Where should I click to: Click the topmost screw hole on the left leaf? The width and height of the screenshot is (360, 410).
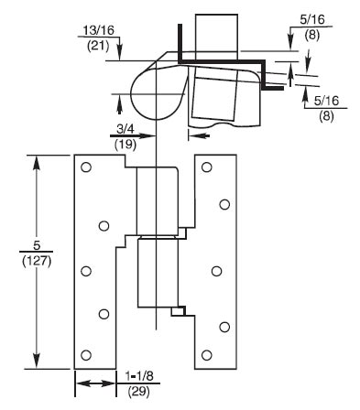(86, 167)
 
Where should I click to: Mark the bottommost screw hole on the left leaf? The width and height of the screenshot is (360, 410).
(86, 355)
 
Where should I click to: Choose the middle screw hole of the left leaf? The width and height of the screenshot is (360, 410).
(86, 270)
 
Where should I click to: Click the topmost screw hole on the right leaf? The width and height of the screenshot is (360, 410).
(207, 167)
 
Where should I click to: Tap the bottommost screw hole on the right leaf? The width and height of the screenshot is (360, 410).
(207, 355)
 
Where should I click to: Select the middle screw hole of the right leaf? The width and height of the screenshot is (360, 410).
(217, 270)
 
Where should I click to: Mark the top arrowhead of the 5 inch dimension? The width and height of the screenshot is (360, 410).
(38, 160)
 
